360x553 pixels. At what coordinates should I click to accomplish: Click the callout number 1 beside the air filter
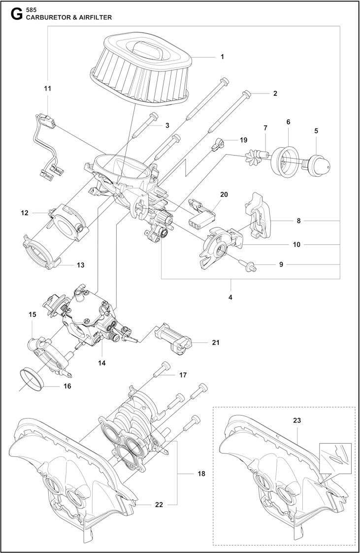tap(222, 57)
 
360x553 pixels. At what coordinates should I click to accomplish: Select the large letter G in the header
tap(15, 13)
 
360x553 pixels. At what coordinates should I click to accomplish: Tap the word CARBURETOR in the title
tap(48, 17)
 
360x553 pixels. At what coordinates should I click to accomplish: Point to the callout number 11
tap(47, 89)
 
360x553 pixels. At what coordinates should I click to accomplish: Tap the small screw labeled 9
tap(250, 266)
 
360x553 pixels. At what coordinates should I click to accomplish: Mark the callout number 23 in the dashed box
tap(296, 421)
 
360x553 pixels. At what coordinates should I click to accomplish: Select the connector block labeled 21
tap(174, 338)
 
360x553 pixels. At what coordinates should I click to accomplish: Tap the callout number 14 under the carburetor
tap(101, 363)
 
